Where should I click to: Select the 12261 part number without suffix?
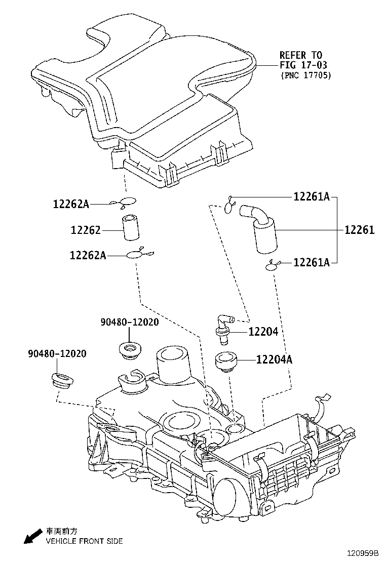pyautogui.click(x=359, y=230)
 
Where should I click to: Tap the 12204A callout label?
pyautogui.click(x=274, y=360)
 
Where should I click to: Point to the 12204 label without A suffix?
pyautogui.click(x=263, y=332)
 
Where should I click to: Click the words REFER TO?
pyautogui.click(x=301, y=55)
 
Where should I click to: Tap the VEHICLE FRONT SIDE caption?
pyautogui.click(x=84, y=541)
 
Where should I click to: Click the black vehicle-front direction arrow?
pyautogui.click(x=33, y=535)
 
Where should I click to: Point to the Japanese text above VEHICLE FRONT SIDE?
pyautogui.click(x=62, y=532)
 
